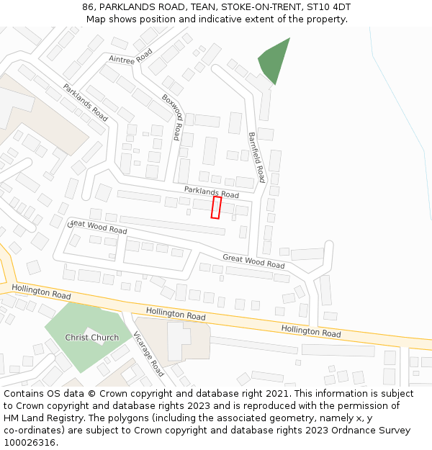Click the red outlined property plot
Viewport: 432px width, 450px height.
point(216,207)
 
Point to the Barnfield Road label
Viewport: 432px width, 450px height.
point(257,157)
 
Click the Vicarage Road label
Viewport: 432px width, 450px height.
point(149,354)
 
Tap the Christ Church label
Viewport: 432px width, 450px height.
point(92,338)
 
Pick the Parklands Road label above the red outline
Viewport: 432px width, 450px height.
point(211,192)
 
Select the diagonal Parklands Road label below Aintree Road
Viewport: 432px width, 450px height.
point(85,102)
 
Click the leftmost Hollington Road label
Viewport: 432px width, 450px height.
point(41,292)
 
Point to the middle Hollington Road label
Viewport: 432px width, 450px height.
point(176,314)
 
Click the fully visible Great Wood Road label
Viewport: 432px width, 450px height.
point(253,261)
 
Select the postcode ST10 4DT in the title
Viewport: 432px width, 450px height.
point(330,6)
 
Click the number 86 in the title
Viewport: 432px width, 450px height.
point(89,6)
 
